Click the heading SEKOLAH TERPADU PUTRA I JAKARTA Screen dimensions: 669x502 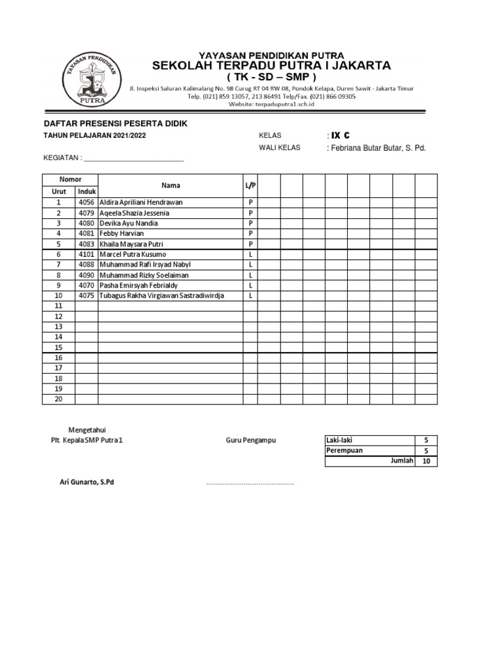271,65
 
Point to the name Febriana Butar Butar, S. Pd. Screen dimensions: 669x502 378,148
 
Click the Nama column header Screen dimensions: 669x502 171,186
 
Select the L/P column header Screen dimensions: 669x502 250,186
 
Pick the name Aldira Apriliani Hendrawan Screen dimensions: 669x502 141,203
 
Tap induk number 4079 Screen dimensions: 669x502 86,213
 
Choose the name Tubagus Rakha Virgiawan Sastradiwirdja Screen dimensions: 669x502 161,296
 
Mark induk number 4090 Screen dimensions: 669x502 86,275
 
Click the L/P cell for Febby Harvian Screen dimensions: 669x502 250,234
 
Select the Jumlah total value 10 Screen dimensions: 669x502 426,461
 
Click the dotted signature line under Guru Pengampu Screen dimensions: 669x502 250,484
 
